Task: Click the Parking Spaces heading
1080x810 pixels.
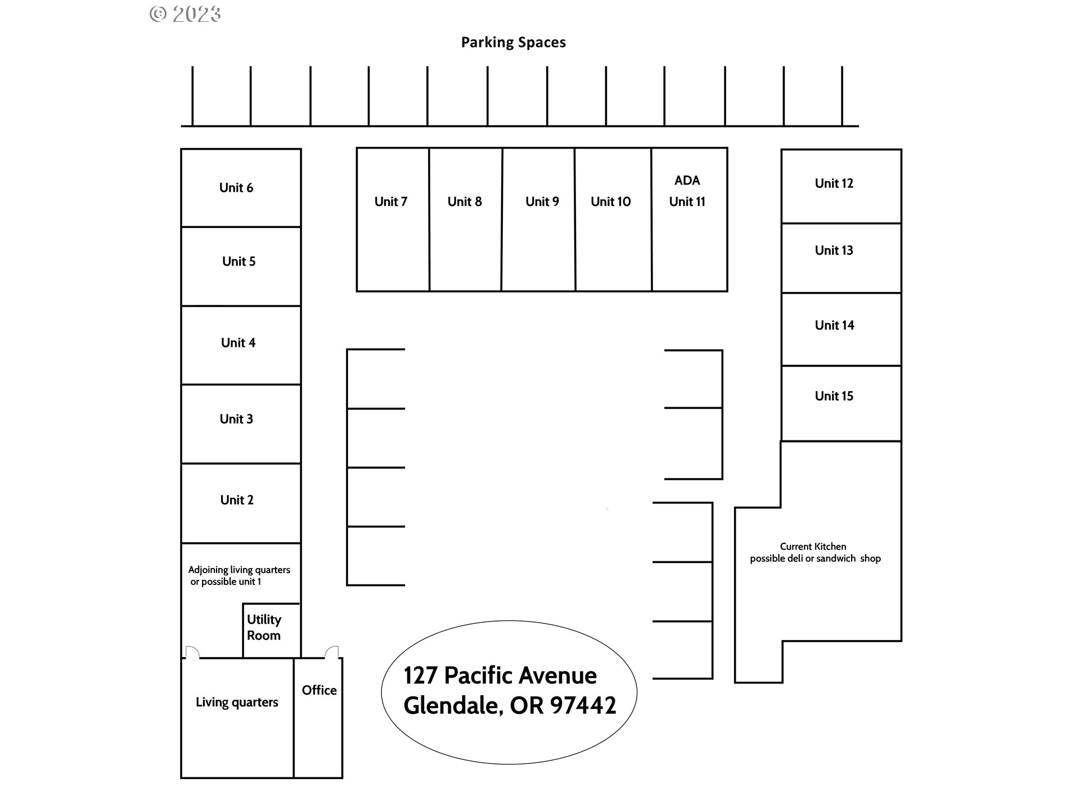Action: tap(513, 43)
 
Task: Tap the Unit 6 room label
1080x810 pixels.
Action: tap(236, 188)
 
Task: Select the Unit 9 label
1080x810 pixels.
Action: tap(542, 201)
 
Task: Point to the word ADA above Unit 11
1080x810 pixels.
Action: tap(687, 181)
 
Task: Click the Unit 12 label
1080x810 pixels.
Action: tap(834, 183)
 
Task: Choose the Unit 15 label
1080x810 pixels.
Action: tap(834, 396)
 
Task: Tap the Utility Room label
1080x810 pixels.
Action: tap(264, 627)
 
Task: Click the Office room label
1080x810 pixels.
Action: tap(319, 690)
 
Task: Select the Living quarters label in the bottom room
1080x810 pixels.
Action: tap(237, 703)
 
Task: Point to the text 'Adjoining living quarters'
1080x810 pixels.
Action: tap(239, 570)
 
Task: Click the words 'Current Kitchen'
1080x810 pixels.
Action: tap(813, 546)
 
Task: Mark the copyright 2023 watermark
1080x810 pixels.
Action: tap(185, 14)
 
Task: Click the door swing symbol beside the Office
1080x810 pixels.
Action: tap(332, 652)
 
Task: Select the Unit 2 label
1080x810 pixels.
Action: tap(237, 500)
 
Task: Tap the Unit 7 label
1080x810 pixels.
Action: tap(390, 201)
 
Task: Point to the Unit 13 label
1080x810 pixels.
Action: tap(834, 250)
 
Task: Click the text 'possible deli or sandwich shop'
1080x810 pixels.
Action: tap(815, 559)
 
